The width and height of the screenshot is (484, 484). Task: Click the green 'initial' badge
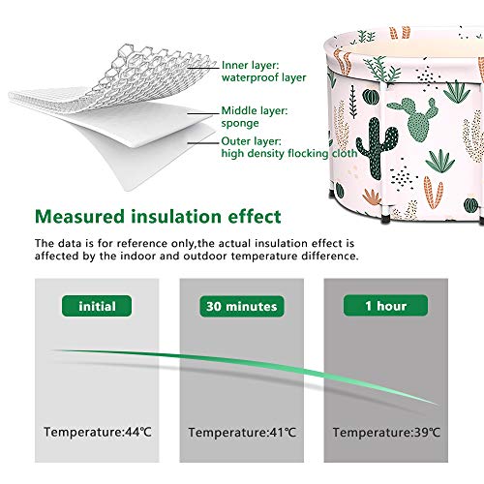[97, 306]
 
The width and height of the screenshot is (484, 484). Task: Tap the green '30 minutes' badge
[242, 306]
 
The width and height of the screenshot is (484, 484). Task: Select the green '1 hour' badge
[385, 305]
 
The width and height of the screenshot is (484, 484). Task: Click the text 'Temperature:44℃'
[98, 432]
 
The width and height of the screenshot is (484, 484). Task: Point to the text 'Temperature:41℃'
[242, 432]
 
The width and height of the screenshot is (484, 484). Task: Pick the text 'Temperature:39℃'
[386, 432]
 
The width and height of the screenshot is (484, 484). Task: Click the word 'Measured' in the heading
[79, 216]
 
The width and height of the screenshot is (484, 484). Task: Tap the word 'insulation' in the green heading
[176, 216]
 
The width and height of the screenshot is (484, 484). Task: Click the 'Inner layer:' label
[250, 65]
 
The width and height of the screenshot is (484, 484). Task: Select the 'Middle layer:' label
[255, 110]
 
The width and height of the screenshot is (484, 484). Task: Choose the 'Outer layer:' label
[252, 141]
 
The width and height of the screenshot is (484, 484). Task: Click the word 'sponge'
[240, 124]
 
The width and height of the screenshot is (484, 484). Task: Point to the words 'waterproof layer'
[263, 77]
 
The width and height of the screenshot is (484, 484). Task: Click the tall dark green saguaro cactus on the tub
[377, 148]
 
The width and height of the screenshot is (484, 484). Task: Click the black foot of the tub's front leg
[386, 219]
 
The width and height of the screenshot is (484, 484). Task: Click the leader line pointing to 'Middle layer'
[203, 113]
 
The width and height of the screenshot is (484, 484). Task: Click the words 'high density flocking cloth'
[289, 153]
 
